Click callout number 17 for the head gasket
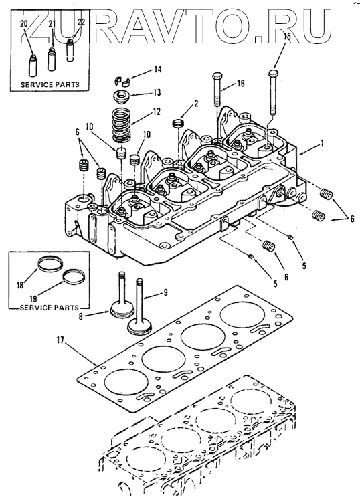(x=60, y=341)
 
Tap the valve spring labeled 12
(x=122, y=124)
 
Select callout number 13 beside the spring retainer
(x=157, y=92)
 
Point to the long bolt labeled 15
(x=274, y=92)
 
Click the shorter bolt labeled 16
(x=217, y=91)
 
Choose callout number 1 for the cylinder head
(x=322, y=144)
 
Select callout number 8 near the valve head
(x=81, y=316)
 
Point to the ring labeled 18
(x=50, y=264)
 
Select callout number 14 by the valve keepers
(x=157, y=69)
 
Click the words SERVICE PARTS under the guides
(x=50, y=85)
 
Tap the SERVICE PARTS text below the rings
(x=50, y=308)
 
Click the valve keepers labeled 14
(x=120, y=81)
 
